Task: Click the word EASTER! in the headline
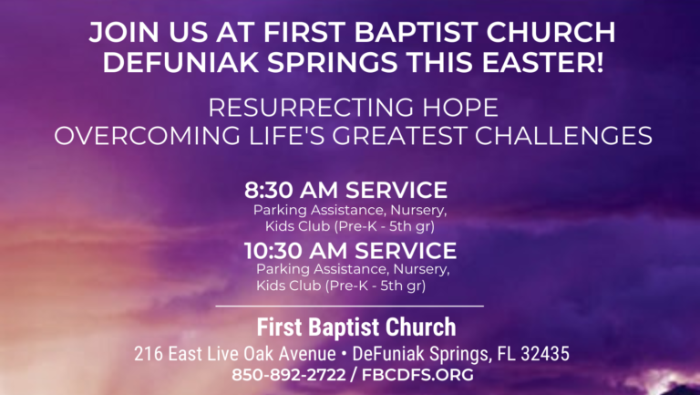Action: [542, 61]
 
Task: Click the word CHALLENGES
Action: [563, 136]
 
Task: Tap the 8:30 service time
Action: [268, 190]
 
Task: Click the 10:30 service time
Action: [273, 251]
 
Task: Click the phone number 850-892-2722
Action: [288, 374]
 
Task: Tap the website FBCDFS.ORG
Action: [417, 374]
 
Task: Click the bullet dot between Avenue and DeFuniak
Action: [345, 354]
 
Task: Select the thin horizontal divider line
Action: [350, 307]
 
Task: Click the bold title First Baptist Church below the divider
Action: [356, 327]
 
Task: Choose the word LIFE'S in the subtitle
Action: [286, 136]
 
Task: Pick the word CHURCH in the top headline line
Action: [551, 32]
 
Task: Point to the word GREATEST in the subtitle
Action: [399, 136]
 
